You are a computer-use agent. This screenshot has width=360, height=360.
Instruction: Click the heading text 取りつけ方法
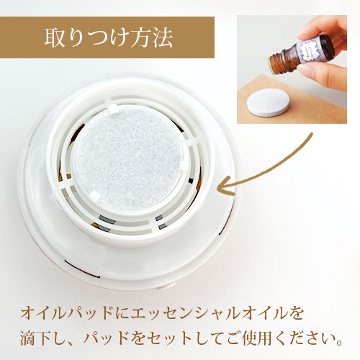[x=109, y=37]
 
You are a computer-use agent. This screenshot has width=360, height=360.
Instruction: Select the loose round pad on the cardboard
[x=268, y=104]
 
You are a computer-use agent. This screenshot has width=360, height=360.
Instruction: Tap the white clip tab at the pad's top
[x=113, y=109]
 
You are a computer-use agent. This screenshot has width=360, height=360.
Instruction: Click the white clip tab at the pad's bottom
[x=95, y=197]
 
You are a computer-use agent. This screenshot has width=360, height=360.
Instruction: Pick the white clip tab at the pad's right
[x=185, y=166]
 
